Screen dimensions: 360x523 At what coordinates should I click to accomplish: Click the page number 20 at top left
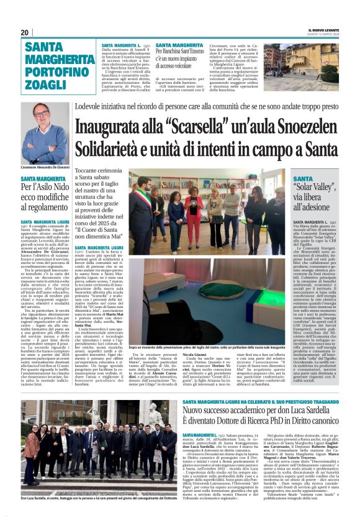(25, 32)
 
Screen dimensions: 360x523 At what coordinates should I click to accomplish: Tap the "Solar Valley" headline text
(314, 188)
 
